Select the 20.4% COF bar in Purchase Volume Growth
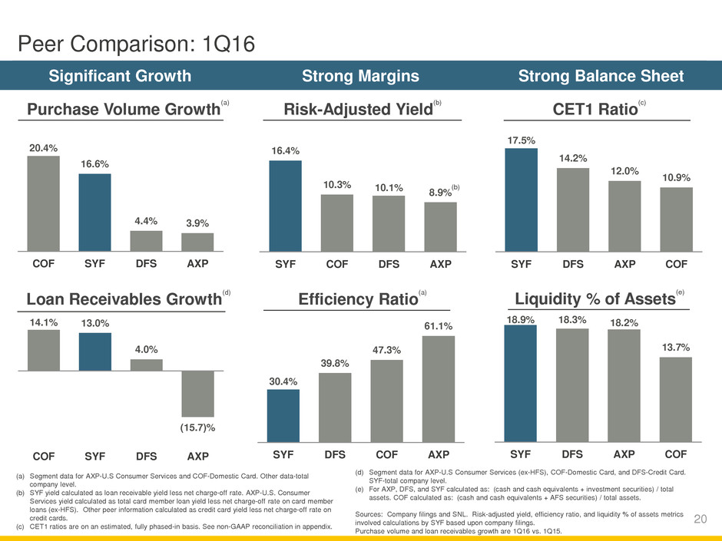point(43,203)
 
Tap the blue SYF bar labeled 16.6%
point(94,212)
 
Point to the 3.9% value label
point(197,223)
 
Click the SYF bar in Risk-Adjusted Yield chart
point(285,206)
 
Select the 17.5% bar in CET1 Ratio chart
point(521,200)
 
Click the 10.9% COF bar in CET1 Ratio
point(676,219)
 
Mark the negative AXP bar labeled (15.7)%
point(197,394)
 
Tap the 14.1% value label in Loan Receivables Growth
point(43,323)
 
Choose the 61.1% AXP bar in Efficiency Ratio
point(439,389)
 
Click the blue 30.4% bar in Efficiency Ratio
point(283,416)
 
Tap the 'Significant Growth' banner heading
point(121,76)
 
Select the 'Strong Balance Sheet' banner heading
point(601,76)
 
